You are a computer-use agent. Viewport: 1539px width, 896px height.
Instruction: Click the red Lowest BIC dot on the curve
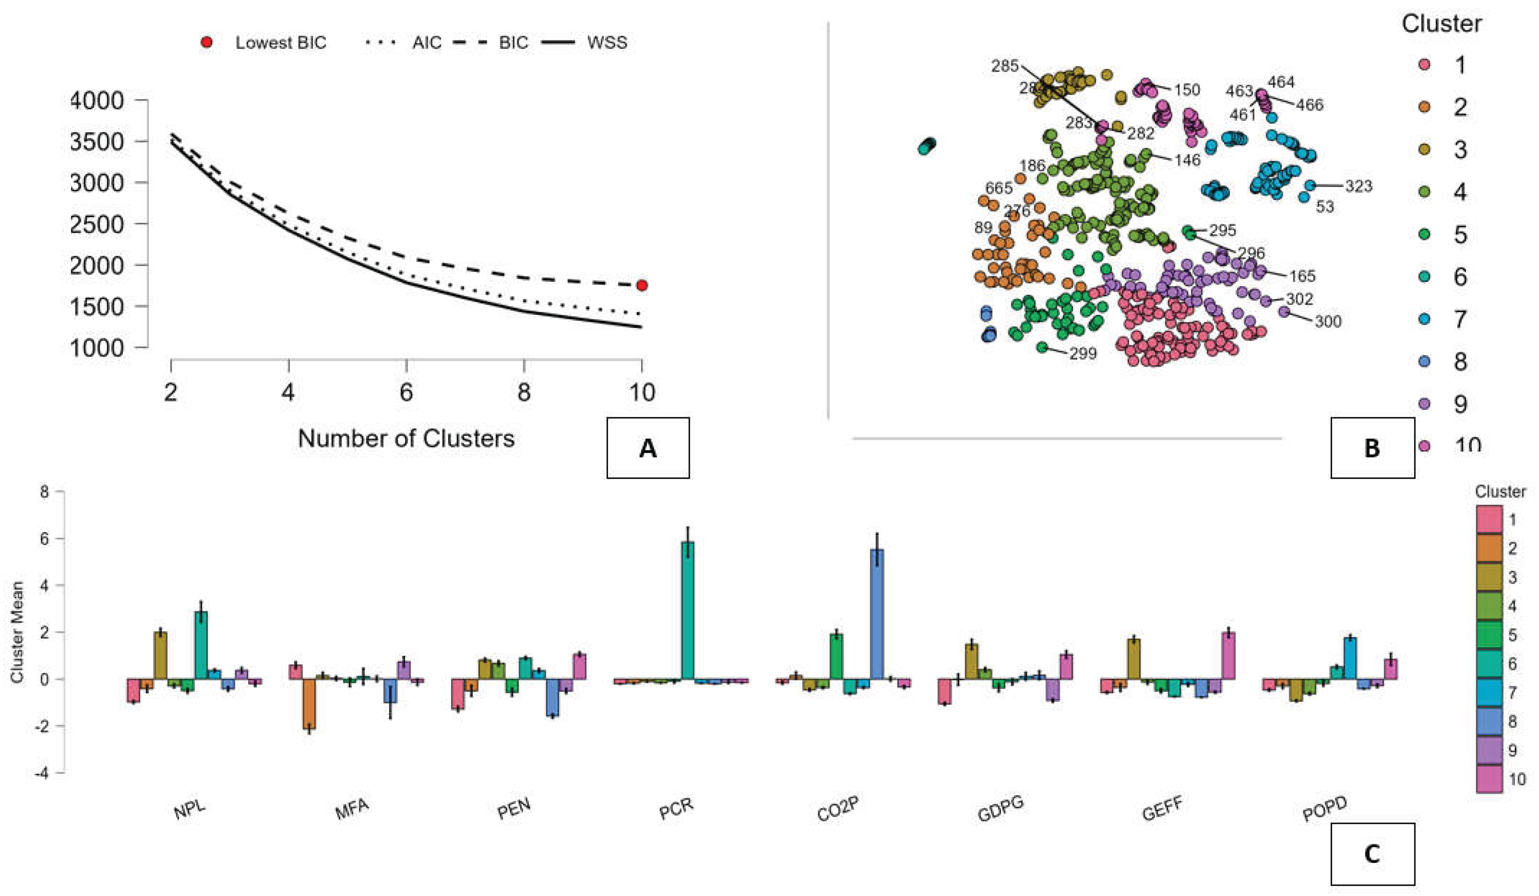tap(641, 285)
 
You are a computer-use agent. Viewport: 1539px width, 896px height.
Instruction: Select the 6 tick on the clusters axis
tap(406, 391)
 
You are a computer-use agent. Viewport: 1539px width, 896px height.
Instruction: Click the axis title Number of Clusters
tap(406, 438)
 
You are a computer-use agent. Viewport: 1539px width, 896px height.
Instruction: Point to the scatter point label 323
tap(1358, 186)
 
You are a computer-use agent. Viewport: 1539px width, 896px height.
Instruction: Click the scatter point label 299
tap(1083, 353)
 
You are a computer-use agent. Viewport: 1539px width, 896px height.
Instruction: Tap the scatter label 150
tap(1187, 90)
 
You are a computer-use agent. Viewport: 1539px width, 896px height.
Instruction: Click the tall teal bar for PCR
tap(688, 610)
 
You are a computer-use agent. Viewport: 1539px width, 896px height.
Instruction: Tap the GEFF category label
tap(1162, 810)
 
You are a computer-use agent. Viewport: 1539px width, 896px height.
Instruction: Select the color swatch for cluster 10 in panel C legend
tap(1489, 779)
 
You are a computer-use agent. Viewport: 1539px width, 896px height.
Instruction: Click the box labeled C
tap(1372, 853)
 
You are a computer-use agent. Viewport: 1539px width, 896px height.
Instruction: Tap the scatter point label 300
tap(1328, 321)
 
